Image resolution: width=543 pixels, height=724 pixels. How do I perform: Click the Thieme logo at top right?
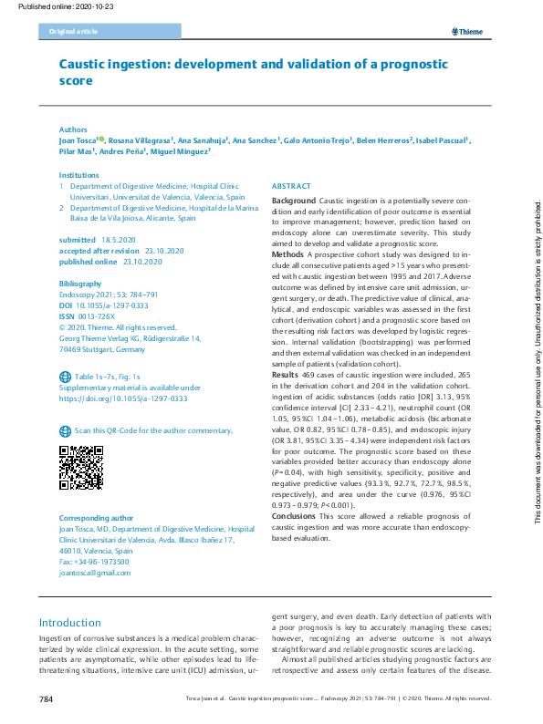[x=471, y=32]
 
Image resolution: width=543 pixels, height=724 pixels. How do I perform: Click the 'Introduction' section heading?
[x=70, y=623]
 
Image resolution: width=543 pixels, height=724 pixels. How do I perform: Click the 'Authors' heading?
[x=73, y=130]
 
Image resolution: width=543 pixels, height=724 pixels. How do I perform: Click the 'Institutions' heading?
[x=79, y=174]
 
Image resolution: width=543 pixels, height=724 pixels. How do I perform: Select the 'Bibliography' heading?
[x=80, y=284]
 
